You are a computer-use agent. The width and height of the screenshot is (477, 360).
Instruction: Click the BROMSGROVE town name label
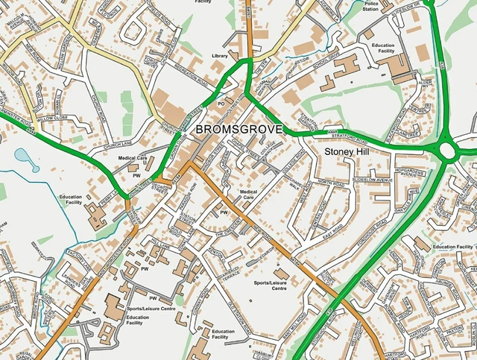(239, 129)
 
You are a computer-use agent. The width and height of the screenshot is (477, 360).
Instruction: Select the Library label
(220, 56)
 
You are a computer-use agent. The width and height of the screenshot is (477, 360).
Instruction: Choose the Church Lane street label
(118, 139)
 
